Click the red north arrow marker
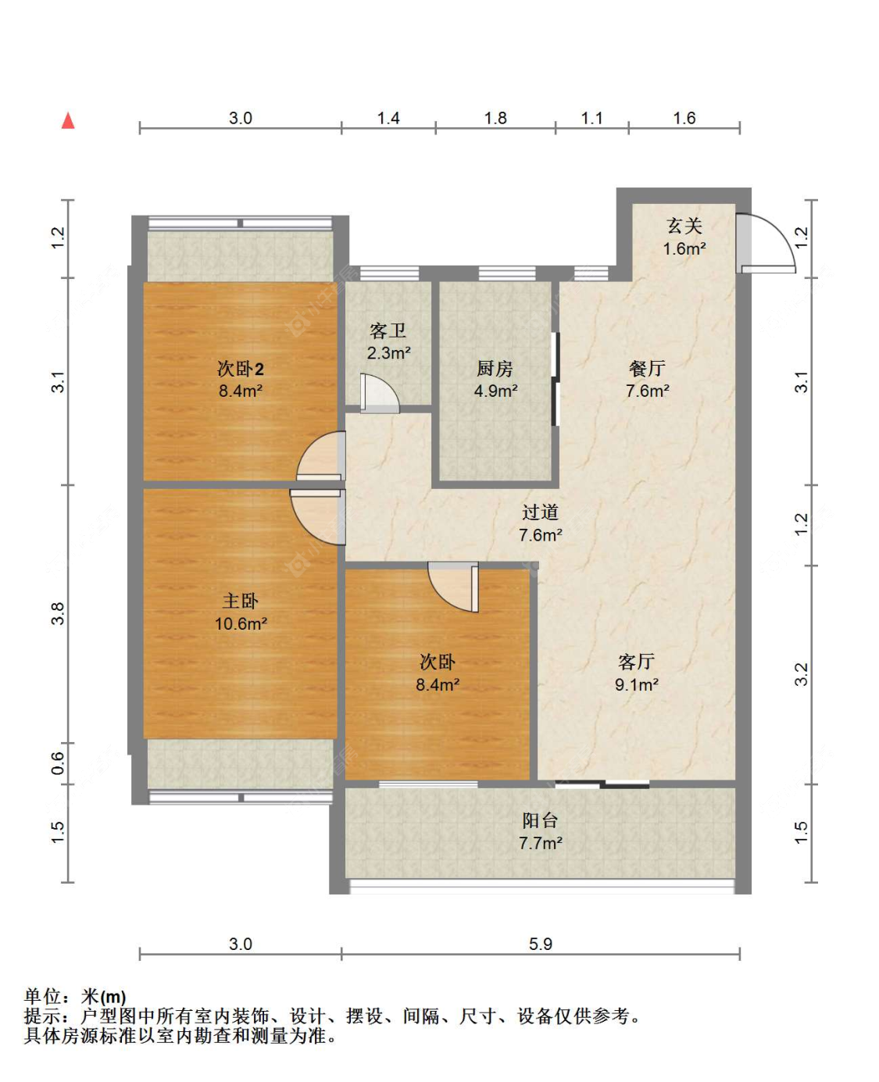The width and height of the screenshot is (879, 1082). point(68,121)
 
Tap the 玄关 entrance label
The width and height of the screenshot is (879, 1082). point(684,226)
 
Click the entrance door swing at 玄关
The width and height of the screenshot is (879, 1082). point(767,243)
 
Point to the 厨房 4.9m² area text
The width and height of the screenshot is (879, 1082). point(495,391)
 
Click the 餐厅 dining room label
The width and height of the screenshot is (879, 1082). point(647,368)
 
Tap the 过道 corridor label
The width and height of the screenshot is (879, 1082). point(540,512)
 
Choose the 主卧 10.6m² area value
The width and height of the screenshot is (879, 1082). point(241,623)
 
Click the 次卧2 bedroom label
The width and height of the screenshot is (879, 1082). point(241,369)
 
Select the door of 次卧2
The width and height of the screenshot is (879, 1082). point(321,455)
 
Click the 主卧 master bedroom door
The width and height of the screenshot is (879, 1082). point(318,516)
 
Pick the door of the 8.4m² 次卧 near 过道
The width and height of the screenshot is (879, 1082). point(453,587)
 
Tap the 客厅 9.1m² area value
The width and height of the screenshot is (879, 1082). point(637,685)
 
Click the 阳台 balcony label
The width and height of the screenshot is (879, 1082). point(540,820)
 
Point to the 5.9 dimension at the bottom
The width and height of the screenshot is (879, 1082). point(540,944)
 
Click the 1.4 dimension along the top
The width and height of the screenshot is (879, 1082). point(388,118)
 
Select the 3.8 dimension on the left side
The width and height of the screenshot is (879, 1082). point(59,613)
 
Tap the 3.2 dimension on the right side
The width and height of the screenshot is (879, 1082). point(801,675)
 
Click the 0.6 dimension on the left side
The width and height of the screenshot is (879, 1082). point(59,763)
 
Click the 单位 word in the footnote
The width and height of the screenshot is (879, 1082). point(43,997)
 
